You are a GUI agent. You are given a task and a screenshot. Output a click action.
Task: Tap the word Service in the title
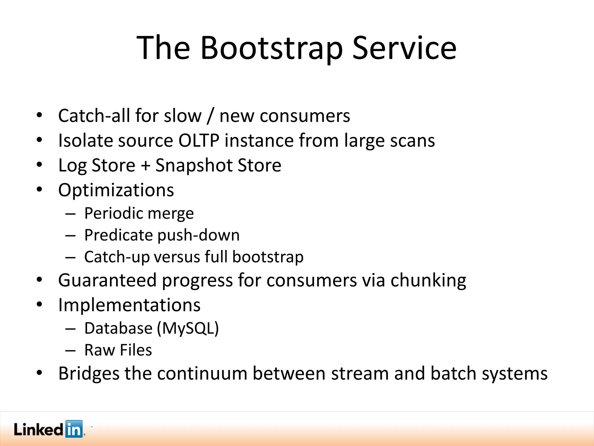(x=404, y=48)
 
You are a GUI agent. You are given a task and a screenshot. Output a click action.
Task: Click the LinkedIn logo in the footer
(x=49, y=429)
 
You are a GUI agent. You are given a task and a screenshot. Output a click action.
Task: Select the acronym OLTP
(x=199, y=141)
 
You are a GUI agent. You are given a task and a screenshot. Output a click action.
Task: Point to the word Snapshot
(x=194, y=166)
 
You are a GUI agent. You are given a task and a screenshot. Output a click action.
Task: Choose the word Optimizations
(x=116, y=190)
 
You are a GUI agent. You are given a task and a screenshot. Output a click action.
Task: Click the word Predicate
(x=118, y=235)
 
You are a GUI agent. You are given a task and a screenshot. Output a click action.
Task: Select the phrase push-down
(x=199, y=235)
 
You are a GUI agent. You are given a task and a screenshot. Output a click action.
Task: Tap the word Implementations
(x=129, y=305)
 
